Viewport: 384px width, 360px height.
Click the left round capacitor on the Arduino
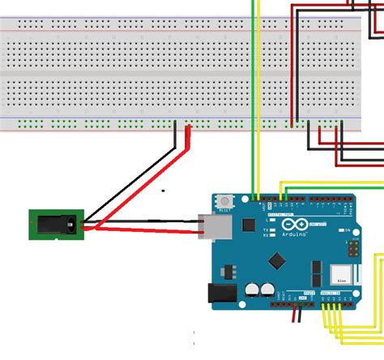click(x=252, y=288)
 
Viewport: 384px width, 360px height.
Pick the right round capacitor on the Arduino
click(x=267, y=288)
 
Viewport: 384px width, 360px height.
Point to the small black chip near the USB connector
click(x=249, y=223)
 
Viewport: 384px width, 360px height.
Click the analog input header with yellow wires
click(x=335, y=301)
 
